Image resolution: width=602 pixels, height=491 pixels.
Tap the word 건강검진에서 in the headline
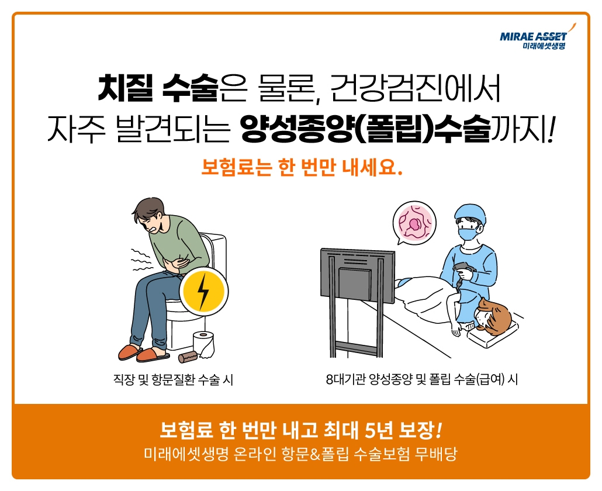(415, 89)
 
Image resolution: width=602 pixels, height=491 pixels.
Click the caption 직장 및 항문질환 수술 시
(173, 380)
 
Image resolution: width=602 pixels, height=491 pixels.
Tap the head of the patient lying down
(493, 316)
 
